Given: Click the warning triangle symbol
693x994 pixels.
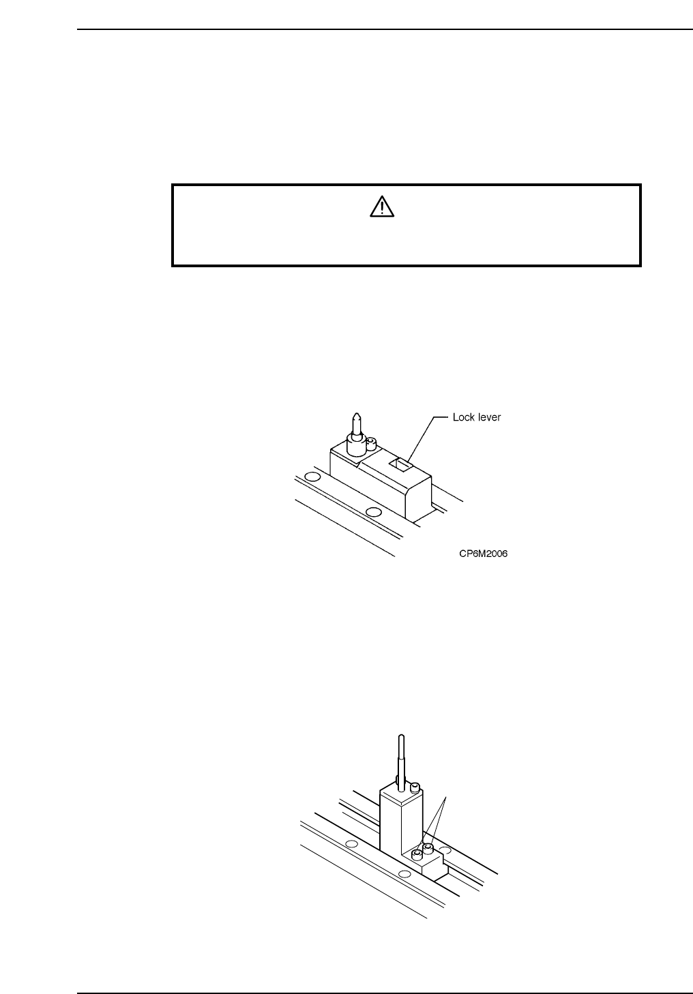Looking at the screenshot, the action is pos(382,206).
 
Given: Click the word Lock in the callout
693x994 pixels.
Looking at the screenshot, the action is pos(463,417).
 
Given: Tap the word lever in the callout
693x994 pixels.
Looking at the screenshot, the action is pos(489,417).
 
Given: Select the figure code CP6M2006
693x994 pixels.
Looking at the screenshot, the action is pos(484,554).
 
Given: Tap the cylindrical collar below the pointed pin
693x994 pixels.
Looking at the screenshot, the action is pos(355,447).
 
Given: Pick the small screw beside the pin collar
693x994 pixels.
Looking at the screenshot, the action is pos(372,444).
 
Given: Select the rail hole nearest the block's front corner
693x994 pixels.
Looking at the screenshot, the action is pos(372,512).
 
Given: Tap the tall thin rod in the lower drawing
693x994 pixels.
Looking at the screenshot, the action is pos(400,757).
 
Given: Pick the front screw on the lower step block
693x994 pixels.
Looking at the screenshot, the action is pos(417,855).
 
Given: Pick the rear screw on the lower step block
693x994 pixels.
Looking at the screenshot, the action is pos(428,849).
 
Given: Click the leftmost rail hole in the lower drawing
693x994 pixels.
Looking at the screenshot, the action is pos(351,845).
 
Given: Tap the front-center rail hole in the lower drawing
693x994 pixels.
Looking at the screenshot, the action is pos(404,874).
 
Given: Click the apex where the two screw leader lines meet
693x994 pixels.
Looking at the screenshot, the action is pos(446,796).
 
